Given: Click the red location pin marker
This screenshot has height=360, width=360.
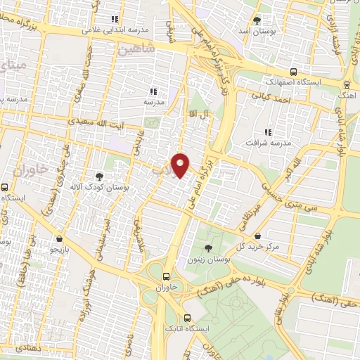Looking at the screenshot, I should (181, 165).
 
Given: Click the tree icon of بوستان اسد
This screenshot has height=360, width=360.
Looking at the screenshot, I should (257, 20).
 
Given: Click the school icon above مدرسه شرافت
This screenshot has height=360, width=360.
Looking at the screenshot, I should (267, 131).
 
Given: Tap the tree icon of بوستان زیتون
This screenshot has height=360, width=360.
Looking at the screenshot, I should (207, 249).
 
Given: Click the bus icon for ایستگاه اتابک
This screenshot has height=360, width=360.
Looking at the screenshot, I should (186, 317).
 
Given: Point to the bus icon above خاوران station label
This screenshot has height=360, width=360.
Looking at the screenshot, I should (166, 277).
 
